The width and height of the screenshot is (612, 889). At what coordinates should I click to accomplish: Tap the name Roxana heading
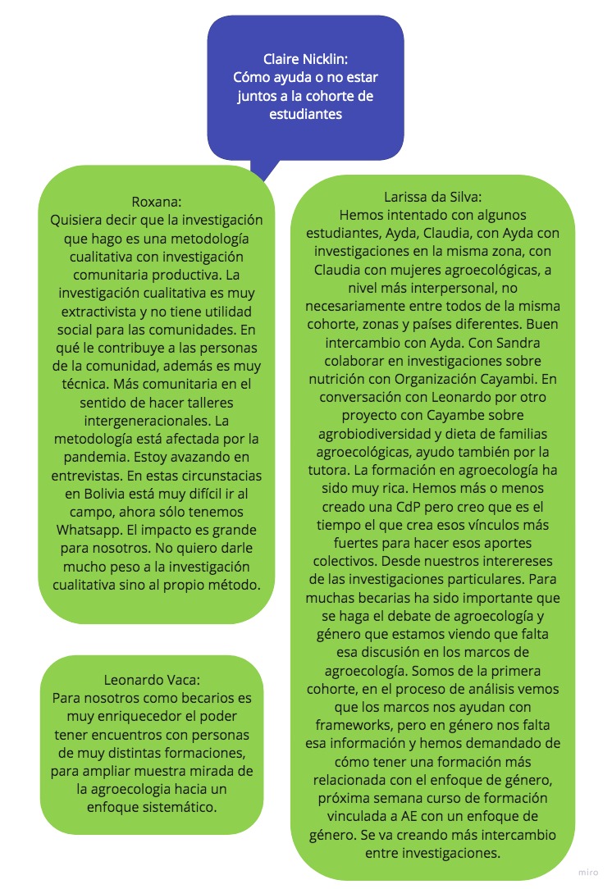point(156,202)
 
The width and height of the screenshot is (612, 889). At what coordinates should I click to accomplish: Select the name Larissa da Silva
point(432,197)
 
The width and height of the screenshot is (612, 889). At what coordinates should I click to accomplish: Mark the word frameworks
point(358,725)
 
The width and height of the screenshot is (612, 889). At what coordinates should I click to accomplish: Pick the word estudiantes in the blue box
point(305,115)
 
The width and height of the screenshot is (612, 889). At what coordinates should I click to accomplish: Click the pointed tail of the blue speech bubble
point(262,174)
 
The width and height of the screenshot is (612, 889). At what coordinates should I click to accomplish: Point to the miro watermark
point(588,875)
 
